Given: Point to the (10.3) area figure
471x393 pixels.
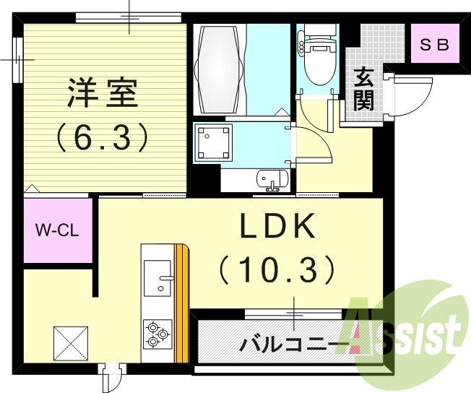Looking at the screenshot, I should [277, 271].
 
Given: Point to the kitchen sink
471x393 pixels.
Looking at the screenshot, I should [157, 277].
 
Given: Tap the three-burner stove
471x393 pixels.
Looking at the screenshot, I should [157, 334].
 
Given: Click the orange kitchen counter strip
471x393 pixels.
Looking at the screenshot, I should [183, 303].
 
